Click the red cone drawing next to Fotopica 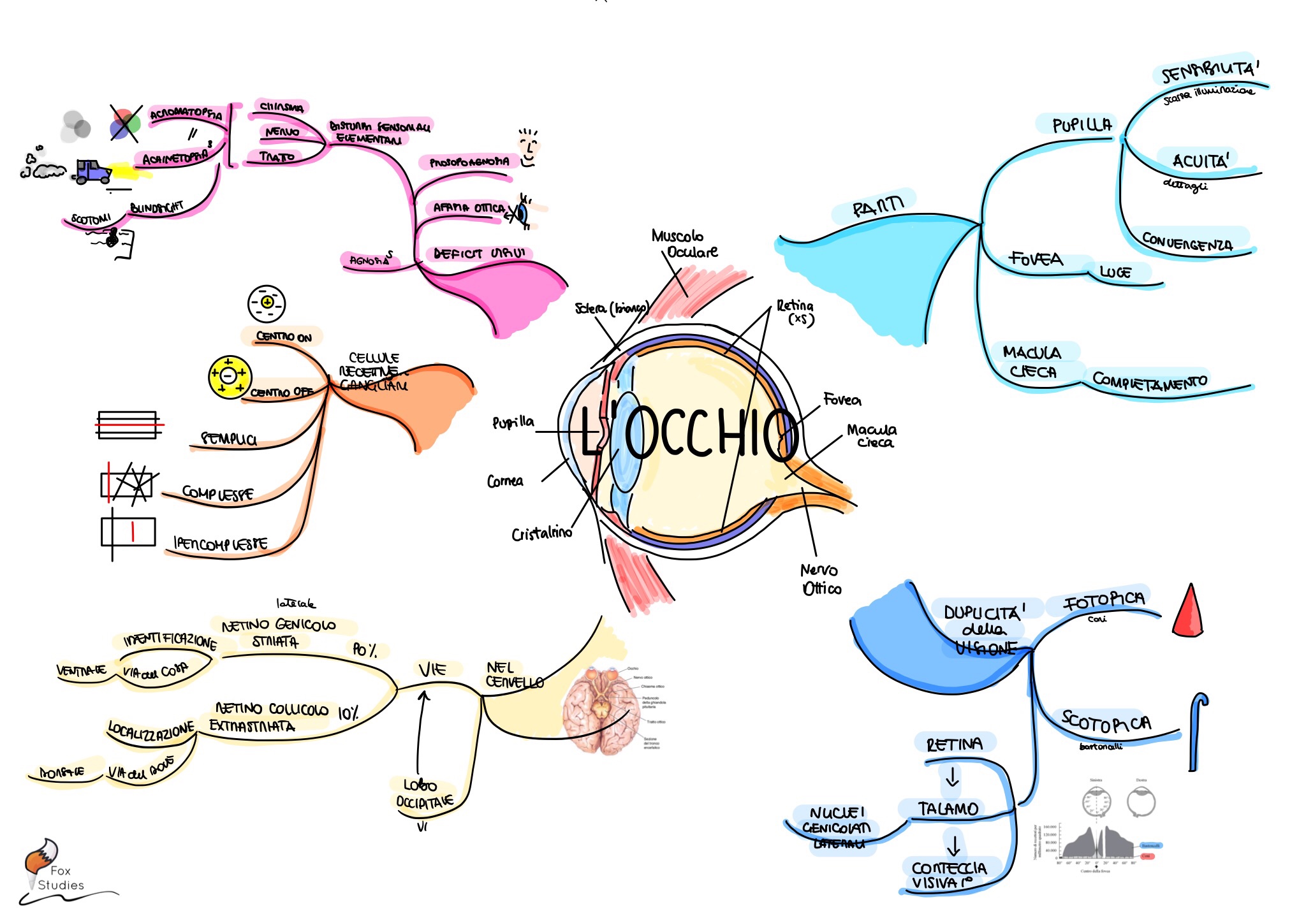click(1188, 612)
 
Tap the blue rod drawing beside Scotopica click(1197, 733)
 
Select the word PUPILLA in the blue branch click(1082, 125)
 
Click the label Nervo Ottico click(821, 579)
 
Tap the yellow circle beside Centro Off click(230, 377)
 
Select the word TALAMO click(948, 809)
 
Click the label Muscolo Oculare click(684, 244)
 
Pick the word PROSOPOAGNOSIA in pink click(469, 163)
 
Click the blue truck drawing click(92, 171)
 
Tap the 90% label click(365, 650)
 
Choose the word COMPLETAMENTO click(1149, 381)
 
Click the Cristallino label click(541, 534)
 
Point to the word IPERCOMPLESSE click(221, 544)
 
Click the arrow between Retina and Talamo click(952, 776)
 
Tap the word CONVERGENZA click(1187, 242)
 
